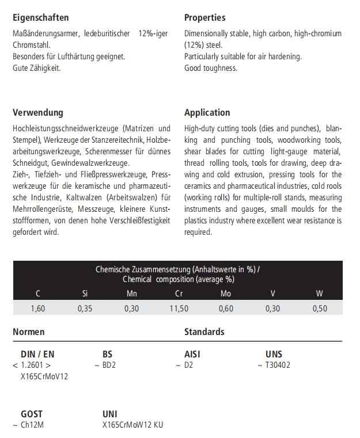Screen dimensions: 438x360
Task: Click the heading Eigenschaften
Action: click(x=40, y=18)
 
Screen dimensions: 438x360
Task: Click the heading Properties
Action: click(x=204, y=18)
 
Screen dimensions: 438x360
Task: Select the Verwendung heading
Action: click(x=38, y=113)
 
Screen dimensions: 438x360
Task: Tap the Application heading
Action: click(x=207, y=113)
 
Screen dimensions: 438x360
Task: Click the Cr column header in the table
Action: click(x=179, y=294)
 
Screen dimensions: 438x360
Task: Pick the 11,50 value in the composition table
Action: click(x=179, y=308)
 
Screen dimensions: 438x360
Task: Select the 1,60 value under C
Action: click(x=38, y=308)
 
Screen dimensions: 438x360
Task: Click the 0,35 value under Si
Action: click(x=85, y=308)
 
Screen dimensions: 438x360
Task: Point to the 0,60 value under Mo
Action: click(x=226, y=308)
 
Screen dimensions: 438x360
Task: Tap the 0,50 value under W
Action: click(x=319, y=308)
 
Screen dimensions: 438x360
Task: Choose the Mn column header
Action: click(x=132, y=294)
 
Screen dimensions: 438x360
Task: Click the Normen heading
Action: click(x=29, y=332)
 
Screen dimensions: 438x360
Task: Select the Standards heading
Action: click(x=204, y=332)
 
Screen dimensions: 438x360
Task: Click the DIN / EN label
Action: click(x=37, y=355)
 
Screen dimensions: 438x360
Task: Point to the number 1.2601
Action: click(x=34, y=365)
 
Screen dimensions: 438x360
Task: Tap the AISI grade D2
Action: click(x=188, y=365)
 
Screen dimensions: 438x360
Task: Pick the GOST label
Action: click(x=32, y=414)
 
